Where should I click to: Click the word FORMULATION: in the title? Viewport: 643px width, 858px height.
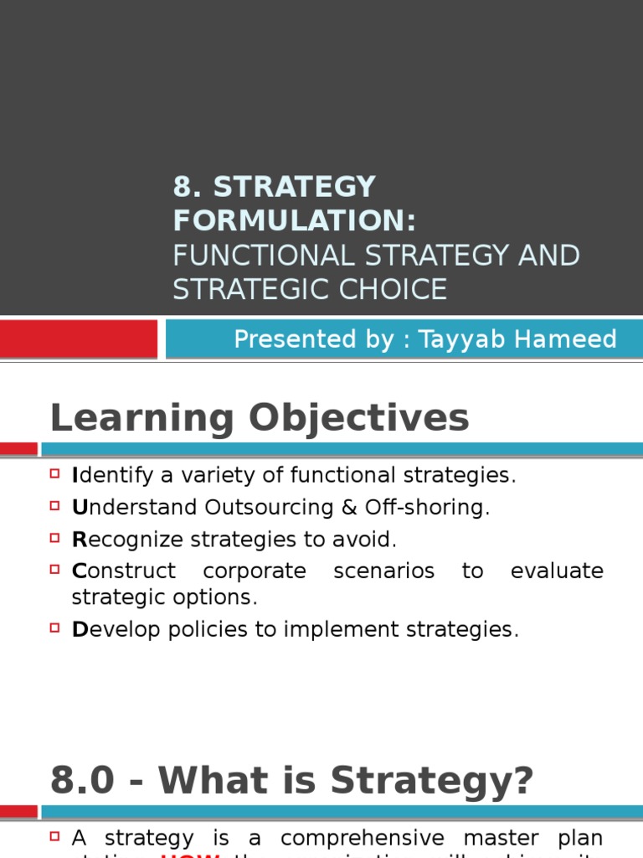[294, 220]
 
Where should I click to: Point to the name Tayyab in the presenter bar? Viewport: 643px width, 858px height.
[466, 339]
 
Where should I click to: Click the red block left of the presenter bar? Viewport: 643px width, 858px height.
[79, 339]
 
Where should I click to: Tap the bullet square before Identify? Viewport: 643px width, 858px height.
[55, 474]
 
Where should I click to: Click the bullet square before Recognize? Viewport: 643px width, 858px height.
[55, 539]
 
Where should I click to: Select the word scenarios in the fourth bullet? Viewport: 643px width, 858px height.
[383, 571]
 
